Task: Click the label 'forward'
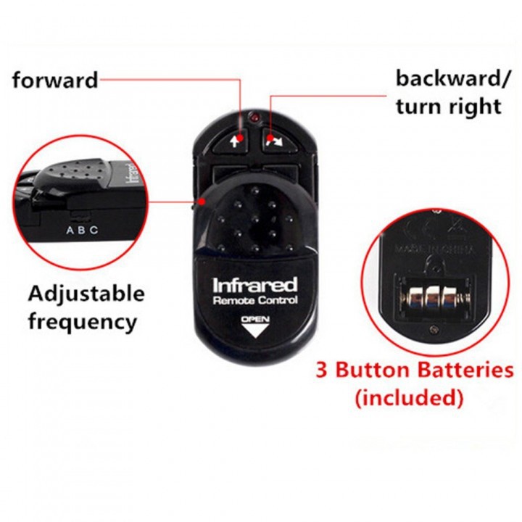(x=55, y=79)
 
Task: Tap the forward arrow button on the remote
(x=234, y=139)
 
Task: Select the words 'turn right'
(x=449, y=106)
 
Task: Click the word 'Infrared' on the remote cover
(x=255, y=284)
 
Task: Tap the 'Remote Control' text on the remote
(x=255, y=300)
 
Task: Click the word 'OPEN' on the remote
(x=254, y=318)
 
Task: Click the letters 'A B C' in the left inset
(x=81, y=231)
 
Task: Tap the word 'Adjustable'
(x=86, y=294)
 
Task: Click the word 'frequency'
(x=83, y=320)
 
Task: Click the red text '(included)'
(x=409, y=397)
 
